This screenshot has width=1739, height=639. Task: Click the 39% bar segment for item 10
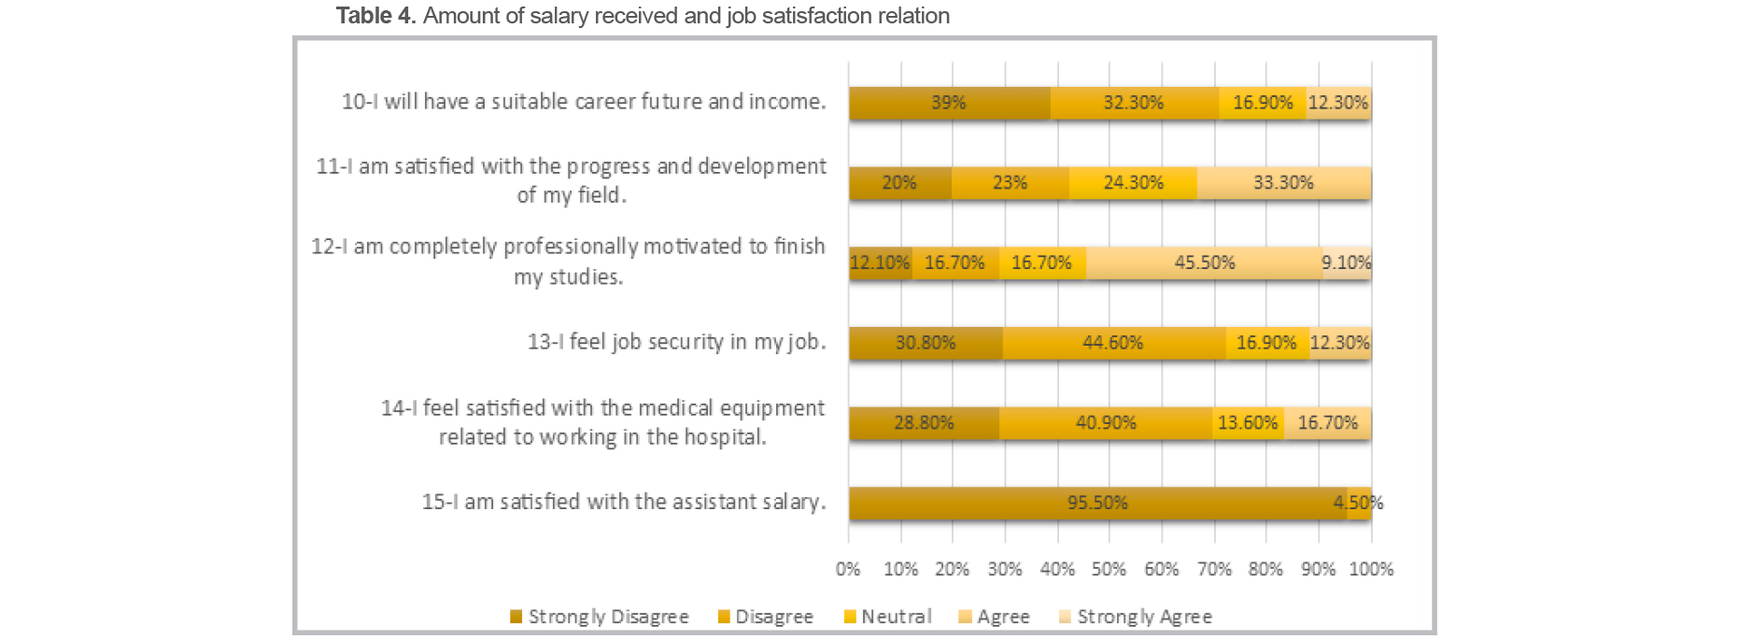949,103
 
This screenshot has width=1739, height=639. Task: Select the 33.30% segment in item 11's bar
1283,183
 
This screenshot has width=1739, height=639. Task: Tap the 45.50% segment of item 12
1204,263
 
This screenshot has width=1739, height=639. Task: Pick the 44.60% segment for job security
1112,343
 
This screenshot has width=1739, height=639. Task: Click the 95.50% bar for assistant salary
1097,504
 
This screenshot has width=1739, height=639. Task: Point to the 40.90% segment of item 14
1106,423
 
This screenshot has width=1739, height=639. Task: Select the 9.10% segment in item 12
1347,263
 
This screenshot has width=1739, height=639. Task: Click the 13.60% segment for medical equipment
1248,423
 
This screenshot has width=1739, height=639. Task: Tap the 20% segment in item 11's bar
899,183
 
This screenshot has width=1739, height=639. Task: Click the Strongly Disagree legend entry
600,617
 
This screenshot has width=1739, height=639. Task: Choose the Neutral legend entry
887,617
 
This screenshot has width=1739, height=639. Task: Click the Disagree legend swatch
724,617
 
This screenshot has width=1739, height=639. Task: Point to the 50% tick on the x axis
1109,569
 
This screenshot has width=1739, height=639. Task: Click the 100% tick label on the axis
1370,569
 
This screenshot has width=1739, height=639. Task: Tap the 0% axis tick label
848,569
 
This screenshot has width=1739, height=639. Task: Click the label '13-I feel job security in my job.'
676,342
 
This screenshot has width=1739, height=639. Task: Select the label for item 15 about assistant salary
623,502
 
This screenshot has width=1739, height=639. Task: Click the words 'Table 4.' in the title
375,16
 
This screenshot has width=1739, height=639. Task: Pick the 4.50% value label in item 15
1358,504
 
